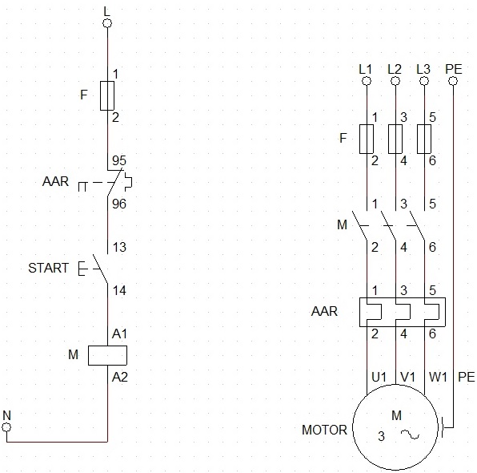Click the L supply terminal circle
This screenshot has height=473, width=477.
pyautogui.click(x=107, y=23)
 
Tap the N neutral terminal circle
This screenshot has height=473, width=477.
pyautogui.click(x=6, y=427)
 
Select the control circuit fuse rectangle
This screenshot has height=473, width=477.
pyautogui.click(x=107, y=95)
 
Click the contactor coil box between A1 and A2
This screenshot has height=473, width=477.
pyautogui.click(x=107, y=355)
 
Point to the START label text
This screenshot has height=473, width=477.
pyautogui.click(x=48, y=269)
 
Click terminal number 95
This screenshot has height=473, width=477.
pyautogui.click(x=119, y=160)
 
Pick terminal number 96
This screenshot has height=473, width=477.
pyautogui.click(x=119, y=204)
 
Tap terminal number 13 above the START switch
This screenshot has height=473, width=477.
pyautogui.click(x=119, y=247)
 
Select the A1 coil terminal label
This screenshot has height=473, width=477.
pyautogui.click(x=119, y=334)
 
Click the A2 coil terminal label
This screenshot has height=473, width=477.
pyautogui.click(x=119, y=378)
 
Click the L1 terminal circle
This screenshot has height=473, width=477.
pyautogui.click(x=367, y=81)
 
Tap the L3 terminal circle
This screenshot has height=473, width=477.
pyautogui.click(x=424, y=81)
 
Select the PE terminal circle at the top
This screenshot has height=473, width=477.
pyautogui.click(x=453, y=81)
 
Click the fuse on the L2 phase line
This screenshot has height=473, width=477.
pyautogui.click(x=395, y=139)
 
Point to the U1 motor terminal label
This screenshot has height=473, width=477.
pyautogui.click(x=379, y=378)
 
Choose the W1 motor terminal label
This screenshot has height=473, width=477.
pyautogui.click(x=438, y=378)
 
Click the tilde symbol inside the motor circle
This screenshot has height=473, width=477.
pyautogui.click(x=410, y=435)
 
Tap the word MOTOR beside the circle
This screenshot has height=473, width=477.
pyautogui.click(x=324, y=430)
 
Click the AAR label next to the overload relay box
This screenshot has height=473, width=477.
pyautogui.click(x=324, y=312)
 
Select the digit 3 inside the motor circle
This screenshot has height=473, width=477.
pyautogui.click(x=381, y=436)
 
